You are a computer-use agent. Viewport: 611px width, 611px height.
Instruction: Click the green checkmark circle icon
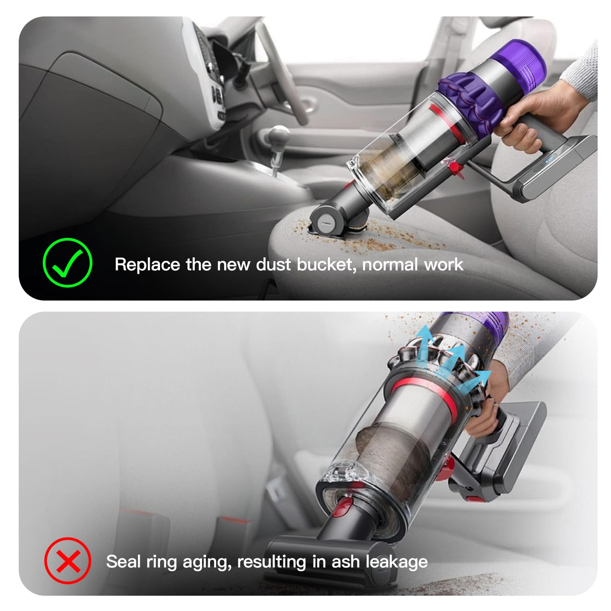pyautogui.click(x=67, y=263)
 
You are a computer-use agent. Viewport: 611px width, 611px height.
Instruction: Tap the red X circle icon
pyautogui.click(x=68, y=561)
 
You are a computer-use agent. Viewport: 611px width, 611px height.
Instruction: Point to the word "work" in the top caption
pyautogui.click(x=444, y=264)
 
